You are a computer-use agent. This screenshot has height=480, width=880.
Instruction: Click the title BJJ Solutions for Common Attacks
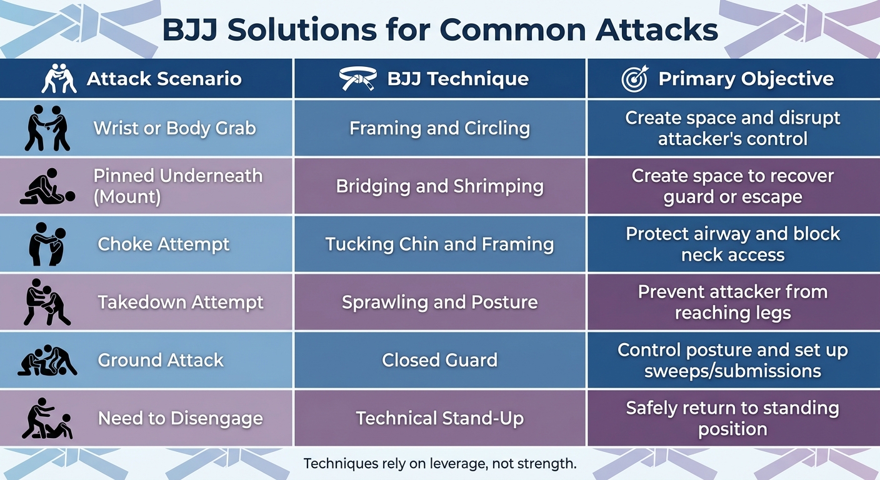coord(439,30)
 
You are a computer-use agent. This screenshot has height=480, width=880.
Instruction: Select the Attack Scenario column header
coord(164,79)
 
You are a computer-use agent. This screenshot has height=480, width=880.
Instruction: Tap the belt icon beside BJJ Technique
coord(357,79)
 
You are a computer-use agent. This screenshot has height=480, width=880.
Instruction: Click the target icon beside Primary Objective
coord(635,79)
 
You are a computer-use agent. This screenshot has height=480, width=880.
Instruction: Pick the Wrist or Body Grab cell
coord(174,128)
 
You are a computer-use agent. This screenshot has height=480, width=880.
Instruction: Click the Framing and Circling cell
coord(439,128)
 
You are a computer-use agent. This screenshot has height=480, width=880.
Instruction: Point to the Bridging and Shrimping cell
coord(439,186)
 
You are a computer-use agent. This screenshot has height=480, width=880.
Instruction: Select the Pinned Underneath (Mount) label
coord(177,186)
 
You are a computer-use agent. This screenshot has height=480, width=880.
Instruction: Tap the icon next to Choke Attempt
coord(47,244)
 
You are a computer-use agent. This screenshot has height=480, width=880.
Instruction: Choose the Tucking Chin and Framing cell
coord(439,244)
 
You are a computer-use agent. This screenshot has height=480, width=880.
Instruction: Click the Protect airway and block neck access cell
coord(732,244)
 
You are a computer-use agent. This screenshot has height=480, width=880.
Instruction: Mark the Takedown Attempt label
coord(181,302)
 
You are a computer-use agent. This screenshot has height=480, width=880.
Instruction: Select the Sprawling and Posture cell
coord(439,302)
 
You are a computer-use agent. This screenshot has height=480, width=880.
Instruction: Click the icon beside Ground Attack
coord(47,361)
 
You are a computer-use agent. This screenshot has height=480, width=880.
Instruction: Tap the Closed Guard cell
coord(439,360)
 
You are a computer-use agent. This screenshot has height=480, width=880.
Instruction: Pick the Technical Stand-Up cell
coord(439,418)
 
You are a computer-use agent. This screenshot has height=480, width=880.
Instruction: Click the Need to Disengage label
coord(180,418)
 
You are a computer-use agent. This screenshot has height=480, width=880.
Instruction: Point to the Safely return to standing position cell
coord(732,418)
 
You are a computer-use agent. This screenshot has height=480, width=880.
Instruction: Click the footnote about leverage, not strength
coord(439,464)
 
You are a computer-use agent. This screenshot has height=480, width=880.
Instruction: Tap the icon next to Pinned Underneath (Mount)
coord(47,187)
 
